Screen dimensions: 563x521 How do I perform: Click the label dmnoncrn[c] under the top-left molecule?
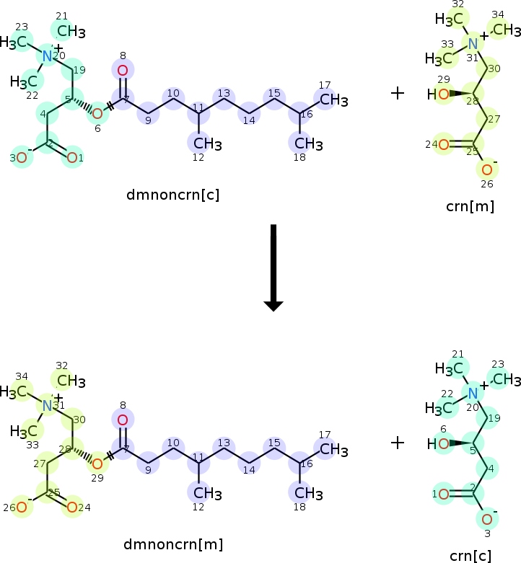click(x=172, y=194)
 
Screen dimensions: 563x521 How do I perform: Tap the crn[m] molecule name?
click(x=470, y=206)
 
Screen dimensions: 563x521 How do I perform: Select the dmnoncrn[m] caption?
click(x=172, y=544)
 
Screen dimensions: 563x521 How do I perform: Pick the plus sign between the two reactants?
click(x=398, y=93)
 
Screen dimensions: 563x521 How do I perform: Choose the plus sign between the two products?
click(x=398, y=442)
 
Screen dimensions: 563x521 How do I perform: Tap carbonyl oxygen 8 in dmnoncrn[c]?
click(x=123, y=70)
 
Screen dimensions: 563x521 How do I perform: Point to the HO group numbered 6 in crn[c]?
click(x=441, y=444)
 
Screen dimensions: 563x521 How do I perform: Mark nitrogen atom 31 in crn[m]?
click(x=473, y=43)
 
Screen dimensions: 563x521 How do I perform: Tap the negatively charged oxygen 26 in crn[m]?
click(x=487, y=170)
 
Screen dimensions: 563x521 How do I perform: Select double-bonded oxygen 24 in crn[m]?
click(x=443, y=145)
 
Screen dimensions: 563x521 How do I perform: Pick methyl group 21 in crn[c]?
click(x=449, y=368)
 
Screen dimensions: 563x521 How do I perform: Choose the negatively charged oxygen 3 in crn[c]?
click(x=487, y=519)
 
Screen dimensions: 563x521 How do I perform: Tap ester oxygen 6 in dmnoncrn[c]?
click(x=97, y=112)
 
